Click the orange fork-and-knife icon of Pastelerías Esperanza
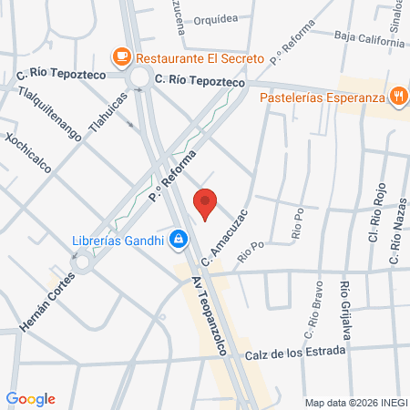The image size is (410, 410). click(x=398, y=96)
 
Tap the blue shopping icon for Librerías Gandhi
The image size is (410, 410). click(x=179, y=241)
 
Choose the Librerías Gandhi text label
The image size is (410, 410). click(x=118, y=241)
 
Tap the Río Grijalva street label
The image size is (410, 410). click(x=345, y=310)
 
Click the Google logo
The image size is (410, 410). click(x=30, y=399)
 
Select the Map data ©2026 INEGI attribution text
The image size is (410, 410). click(x=354, y=402)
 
